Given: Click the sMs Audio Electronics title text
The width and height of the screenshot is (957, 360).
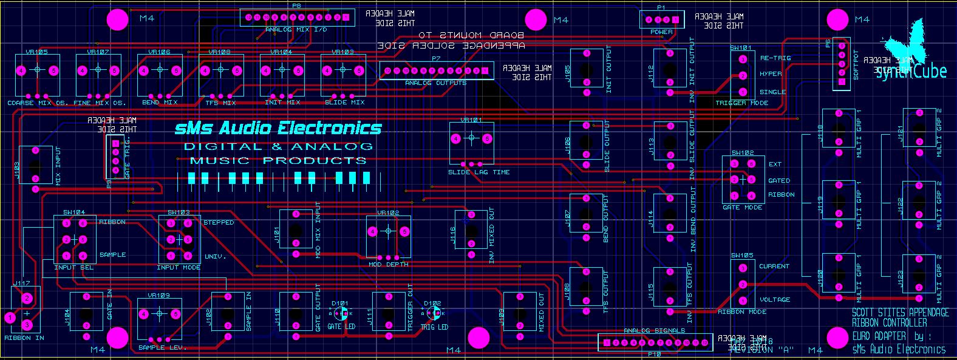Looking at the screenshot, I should [278, 128].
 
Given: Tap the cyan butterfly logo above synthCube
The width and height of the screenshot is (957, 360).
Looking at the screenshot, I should [905, 39].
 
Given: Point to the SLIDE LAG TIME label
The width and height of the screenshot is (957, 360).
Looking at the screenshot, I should [479, 172].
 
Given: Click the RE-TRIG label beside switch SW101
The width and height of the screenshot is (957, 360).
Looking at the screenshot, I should [773, 58].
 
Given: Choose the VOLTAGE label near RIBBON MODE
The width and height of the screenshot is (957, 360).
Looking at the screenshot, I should [775, 299].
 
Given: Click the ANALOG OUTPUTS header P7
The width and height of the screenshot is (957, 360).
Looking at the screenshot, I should [435, 71].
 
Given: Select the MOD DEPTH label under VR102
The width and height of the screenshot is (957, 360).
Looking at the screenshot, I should [388, 265].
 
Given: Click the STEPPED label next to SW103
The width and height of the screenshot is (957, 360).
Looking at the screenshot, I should [219, 223].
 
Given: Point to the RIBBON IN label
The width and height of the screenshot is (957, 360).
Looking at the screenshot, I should [24, 338].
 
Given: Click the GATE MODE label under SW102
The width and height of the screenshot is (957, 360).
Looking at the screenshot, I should [742, 208].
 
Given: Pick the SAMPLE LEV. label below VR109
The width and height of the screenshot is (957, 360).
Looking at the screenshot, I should [162, 348].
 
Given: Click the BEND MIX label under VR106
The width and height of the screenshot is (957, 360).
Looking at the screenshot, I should [159, 103].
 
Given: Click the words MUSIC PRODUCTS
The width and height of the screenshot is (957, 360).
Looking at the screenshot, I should [278, 161].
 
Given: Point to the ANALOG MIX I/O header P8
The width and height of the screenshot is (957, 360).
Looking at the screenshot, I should [298, 18].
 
